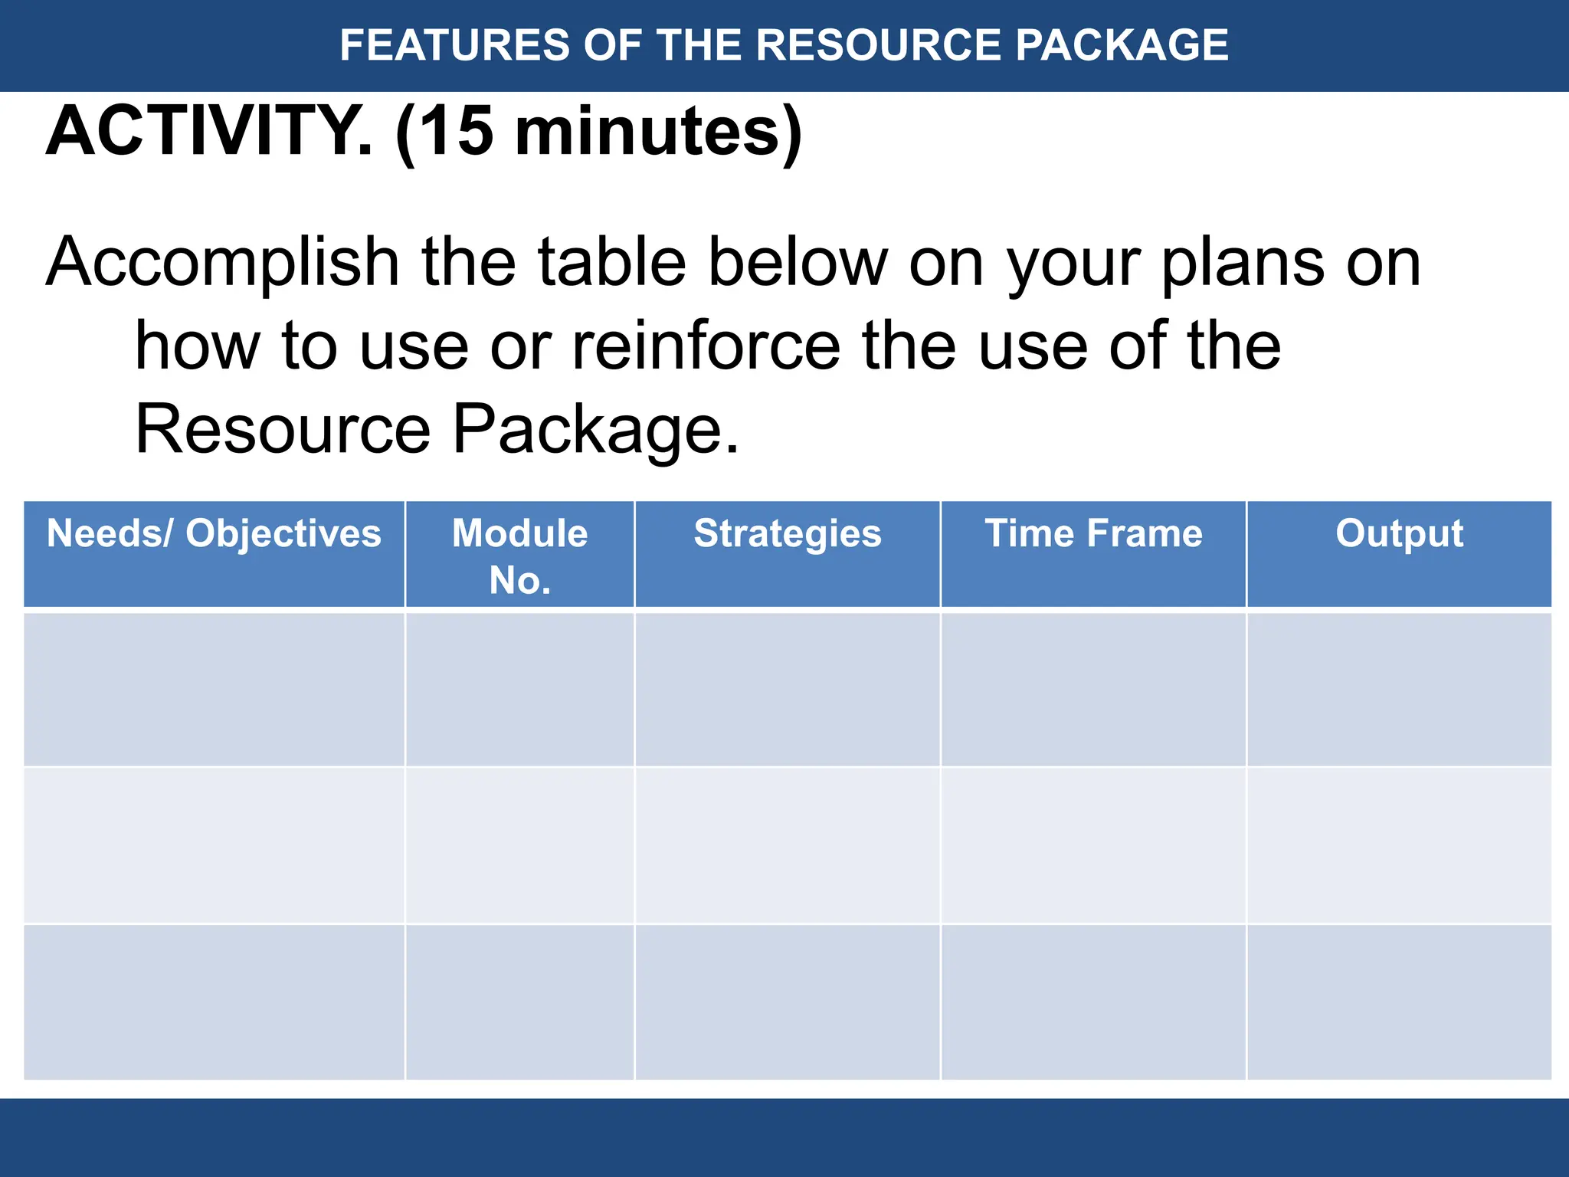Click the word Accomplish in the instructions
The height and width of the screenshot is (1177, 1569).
click(222, 263)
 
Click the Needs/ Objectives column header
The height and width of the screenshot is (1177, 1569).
click(214, 533)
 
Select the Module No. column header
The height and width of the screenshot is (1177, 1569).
click(519, 556)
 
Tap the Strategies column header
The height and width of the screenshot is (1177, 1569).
click(788, 533)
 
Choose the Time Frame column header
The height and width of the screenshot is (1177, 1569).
click(1093, 533)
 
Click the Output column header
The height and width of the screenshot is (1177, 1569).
click(1399, 533)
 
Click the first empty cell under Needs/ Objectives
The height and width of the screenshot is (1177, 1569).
click(214, 689)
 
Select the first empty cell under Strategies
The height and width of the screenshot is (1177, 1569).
click(788, 689)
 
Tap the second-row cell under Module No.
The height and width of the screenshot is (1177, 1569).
click(519, 845)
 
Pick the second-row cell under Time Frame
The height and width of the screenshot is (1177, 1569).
click(1093, 845)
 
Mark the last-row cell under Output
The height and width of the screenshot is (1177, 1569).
click(1399, 1002)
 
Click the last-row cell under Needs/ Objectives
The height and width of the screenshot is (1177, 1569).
click(214, 1002)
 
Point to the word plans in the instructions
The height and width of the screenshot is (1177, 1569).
click(1242, 263)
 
